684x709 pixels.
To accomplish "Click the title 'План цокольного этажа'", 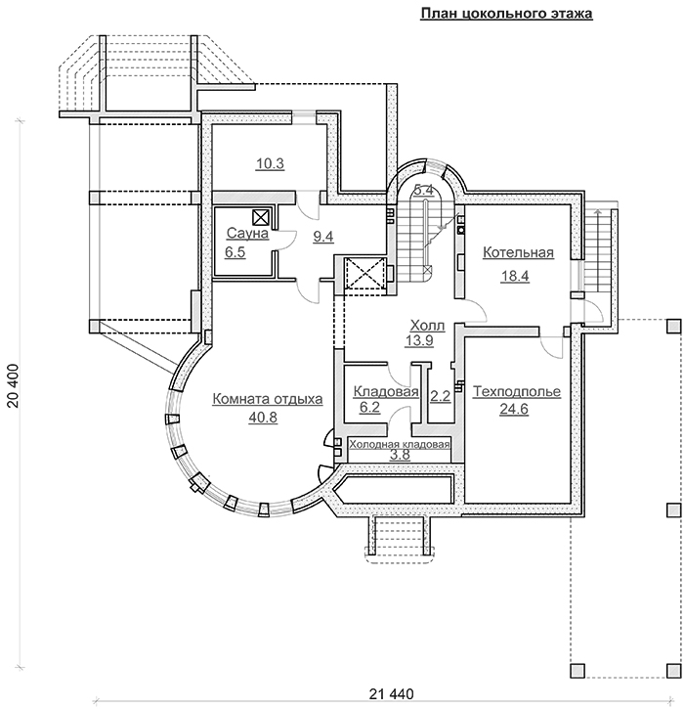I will click(x=506, y=14).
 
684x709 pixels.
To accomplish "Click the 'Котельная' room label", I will click(x=518, y=252).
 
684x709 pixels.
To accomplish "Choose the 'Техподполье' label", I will click(x=516, y=392).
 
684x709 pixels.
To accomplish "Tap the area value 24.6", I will click(x=514, y=410).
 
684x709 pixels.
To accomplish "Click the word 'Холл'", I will click(x=426, y=326).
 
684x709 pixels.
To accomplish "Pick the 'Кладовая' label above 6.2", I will click(x=386, y=392).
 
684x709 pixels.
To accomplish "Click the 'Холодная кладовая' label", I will click(x=399, y=444).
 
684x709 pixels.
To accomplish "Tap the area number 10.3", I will click(x=270, y=163).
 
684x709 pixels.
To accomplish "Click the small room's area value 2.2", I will click(x=440, y=396).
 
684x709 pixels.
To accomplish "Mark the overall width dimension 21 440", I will click(x=392, y=694).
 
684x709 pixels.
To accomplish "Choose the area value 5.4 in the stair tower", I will click(x=423, y=191).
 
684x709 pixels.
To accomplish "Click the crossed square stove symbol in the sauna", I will click(x=262, y=217).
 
